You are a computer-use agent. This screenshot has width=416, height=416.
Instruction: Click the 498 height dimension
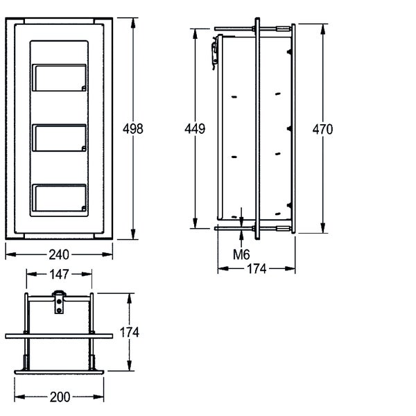pyautogui.click(x=133, y=129)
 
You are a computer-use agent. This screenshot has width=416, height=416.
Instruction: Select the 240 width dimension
pyautogui.click(x=59, y=254)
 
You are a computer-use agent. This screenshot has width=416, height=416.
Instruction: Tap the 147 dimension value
pyautogui.click(x=59, y=275)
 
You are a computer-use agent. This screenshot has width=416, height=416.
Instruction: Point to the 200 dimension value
pyautogui.click(x=60, y=397)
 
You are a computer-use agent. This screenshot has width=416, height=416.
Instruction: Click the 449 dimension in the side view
pyautogui.click(x=195, y=129)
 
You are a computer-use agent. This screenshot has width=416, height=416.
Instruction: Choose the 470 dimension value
pyautogui.click(x=322, y=130)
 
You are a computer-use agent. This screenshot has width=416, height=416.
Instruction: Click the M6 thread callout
pyautogui.click(x=241, y=254)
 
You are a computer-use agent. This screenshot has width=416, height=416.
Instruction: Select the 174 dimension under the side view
pyautogui.click(x=257, y=269)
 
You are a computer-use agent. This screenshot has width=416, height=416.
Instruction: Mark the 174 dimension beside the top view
pyautogui.click(x=129, y=332)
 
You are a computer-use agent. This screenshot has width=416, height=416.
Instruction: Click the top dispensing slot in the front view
pyautogui.click(x=59, y=78)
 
